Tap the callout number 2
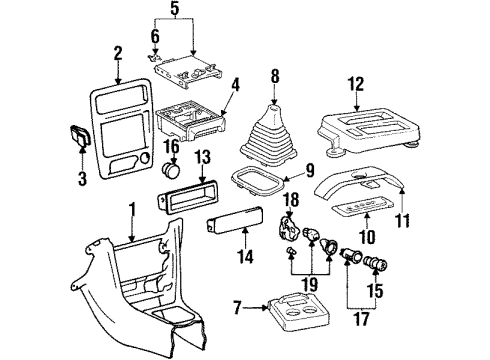[x=117, y=52]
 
